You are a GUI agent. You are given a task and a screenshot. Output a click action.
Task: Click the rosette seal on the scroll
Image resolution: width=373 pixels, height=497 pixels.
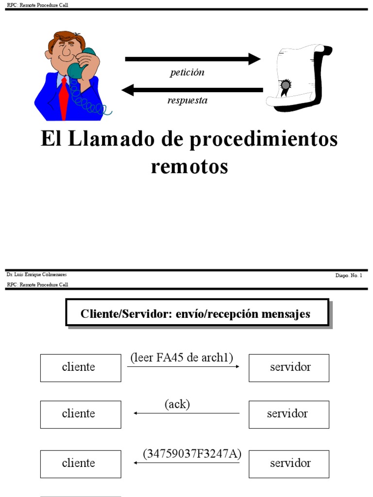coord(286,86)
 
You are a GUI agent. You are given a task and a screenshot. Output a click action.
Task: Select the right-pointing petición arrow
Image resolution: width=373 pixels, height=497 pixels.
coord(193,59)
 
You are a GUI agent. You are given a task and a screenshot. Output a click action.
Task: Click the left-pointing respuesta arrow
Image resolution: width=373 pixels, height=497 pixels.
coord(192,90)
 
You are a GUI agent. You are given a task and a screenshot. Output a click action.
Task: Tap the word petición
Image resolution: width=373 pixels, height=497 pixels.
coord(187,73)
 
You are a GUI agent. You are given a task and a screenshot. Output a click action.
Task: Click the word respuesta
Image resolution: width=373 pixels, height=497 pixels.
coord(187,100)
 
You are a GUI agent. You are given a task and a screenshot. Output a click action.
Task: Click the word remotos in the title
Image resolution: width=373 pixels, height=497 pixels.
coord(189,166)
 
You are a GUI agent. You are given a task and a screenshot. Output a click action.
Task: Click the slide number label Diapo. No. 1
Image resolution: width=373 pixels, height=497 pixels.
coord(349,275)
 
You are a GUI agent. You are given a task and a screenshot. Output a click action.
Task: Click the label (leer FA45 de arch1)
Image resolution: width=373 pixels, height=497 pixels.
coord(182,358)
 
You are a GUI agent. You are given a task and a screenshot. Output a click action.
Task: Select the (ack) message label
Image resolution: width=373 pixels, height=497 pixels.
coord(177,404)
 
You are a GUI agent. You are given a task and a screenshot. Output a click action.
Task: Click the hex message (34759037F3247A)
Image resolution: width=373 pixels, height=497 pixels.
coord(192,454)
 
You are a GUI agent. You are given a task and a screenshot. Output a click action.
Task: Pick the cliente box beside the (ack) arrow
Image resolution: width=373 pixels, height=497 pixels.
coord(81,414)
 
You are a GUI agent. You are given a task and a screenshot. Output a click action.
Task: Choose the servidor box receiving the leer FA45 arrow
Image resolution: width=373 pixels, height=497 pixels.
coord(289,367)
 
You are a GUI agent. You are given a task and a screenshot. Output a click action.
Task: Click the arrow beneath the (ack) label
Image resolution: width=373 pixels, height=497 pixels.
coord(186,413)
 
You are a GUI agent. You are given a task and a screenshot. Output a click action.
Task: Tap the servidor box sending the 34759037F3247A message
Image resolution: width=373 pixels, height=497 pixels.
coord(289,464)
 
